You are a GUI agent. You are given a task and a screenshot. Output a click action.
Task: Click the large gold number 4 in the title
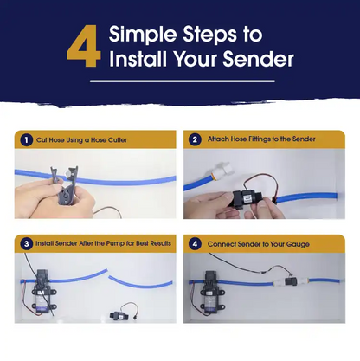(84, 46)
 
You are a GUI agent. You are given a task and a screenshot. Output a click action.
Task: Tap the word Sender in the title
(258, 59)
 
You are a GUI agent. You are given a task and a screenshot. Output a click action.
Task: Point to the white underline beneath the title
(183, 81)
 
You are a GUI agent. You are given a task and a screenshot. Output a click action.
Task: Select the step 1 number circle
(26, 140)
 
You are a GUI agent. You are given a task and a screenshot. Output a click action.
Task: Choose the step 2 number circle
(195, 139)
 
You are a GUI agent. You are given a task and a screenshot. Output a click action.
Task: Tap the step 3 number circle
(26, 244)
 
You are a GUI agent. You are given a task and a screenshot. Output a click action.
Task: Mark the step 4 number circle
(195, 244)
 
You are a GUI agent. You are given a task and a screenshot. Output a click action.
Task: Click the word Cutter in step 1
(118, 140)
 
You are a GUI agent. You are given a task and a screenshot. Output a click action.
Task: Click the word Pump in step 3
(115, 243)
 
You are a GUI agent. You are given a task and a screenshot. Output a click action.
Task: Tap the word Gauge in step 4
(298, 244)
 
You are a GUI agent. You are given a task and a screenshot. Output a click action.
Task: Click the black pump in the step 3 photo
(43, 292)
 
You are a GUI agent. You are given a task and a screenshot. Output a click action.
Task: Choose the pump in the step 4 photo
(212, 292)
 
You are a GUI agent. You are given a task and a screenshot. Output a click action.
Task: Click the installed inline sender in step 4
(290, 280)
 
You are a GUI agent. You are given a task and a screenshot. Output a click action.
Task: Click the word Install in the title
(138, 59)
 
